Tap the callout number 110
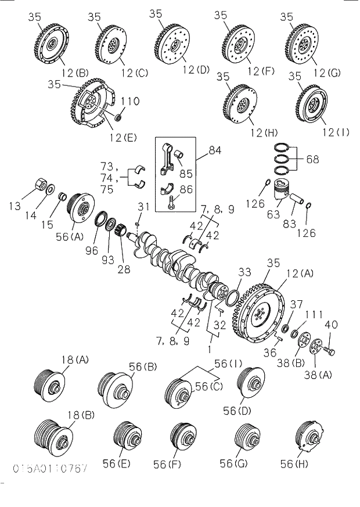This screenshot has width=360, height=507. [x=130, y=102]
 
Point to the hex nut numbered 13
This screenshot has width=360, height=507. [x=37, y=185]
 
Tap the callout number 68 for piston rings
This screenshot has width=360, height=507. [x=312, y=158]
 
